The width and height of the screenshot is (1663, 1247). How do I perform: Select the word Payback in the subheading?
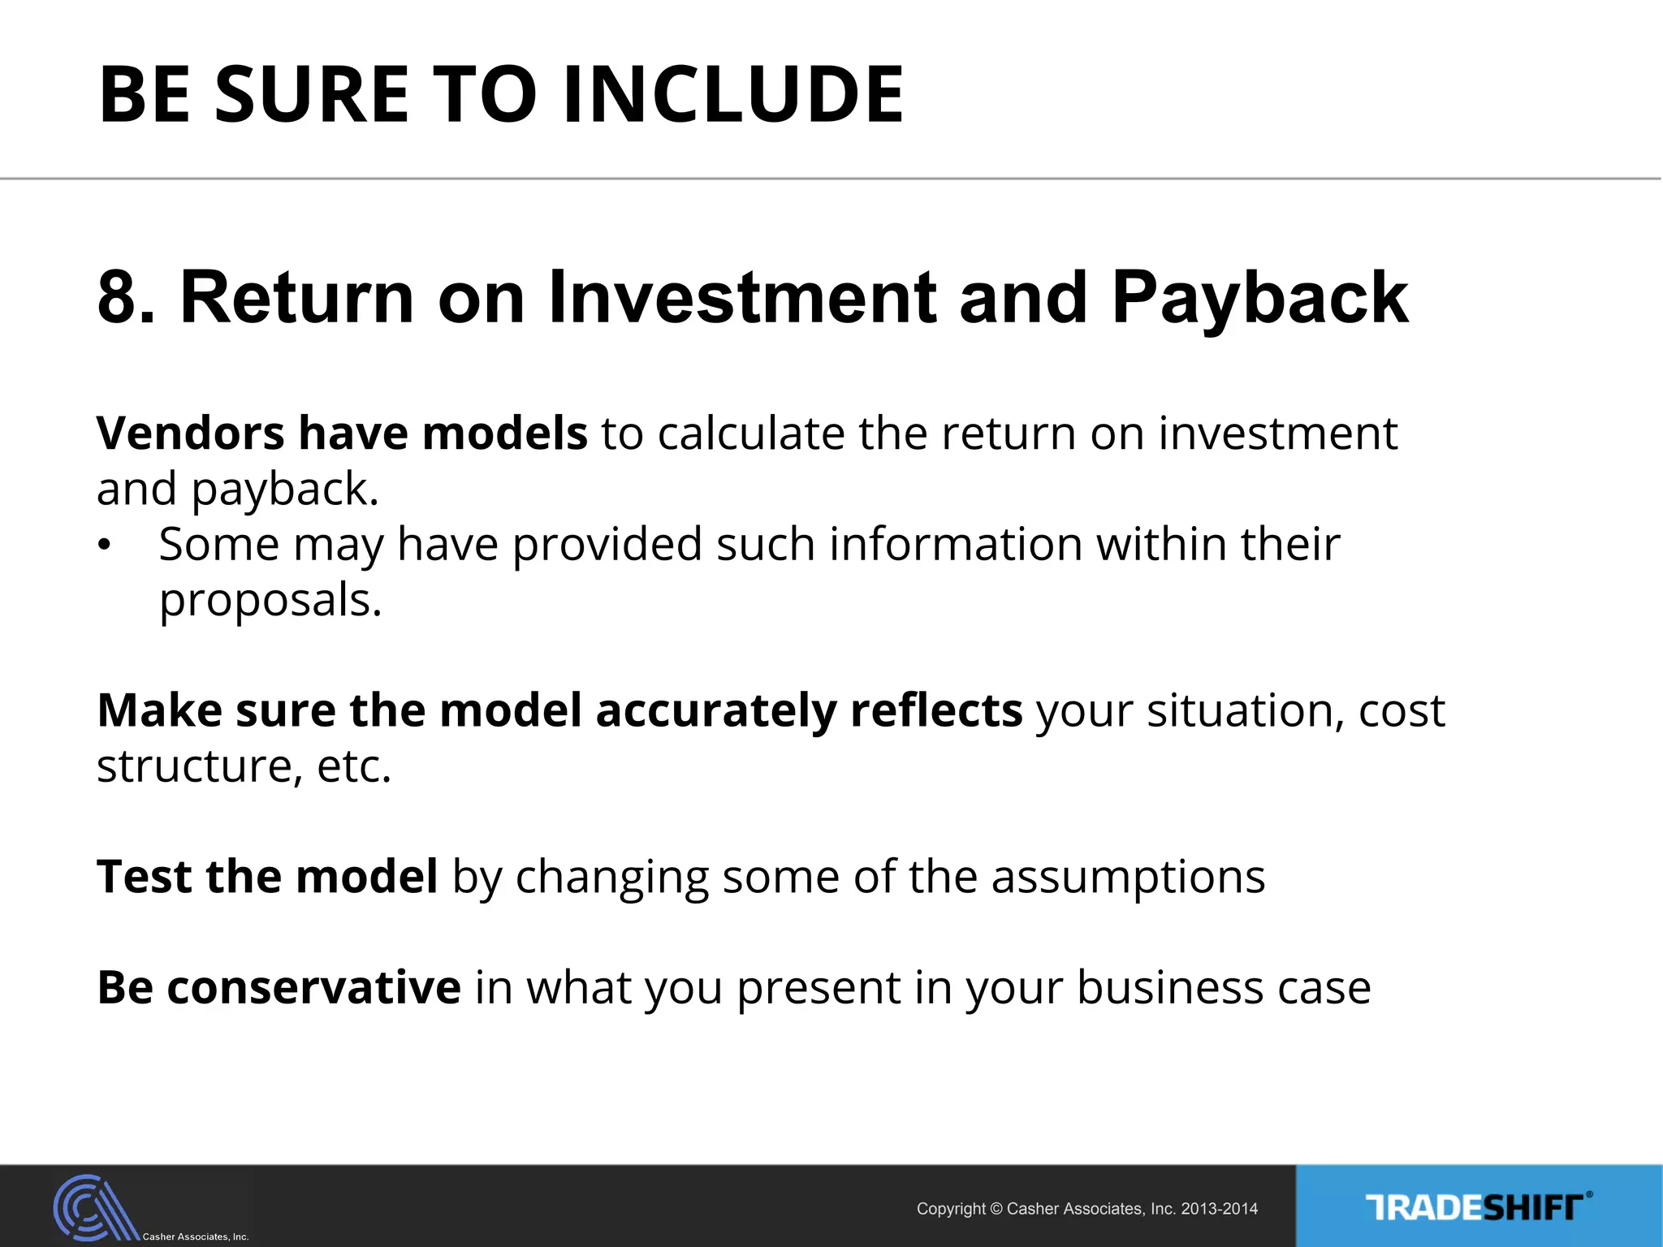[1259, 298]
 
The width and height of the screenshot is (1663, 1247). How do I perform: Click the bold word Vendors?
[190, 433]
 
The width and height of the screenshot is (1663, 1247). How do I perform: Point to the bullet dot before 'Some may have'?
[103, 546]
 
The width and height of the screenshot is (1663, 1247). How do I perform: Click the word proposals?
[270, 601]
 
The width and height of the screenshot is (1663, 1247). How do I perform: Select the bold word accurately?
[715, 710]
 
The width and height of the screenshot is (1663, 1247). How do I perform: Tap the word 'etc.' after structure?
[354, 766]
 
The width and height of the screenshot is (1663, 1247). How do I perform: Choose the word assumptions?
[1128, 877]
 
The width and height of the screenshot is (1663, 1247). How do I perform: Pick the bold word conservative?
[314, 988]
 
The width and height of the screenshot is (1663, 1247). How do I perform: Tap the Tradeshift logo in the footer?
[1478, 1207]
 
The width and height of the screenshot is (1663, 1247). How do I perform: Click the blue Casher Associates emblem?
[93, 1207]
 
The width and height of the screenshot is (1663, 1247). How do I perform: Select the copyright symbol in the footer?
[996, 1209]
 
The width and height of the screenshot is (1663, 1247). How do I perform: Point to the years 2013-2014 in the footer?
[1219, 1209]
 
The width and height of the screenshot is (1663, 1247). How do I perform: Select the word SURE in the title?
[312, 95]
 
